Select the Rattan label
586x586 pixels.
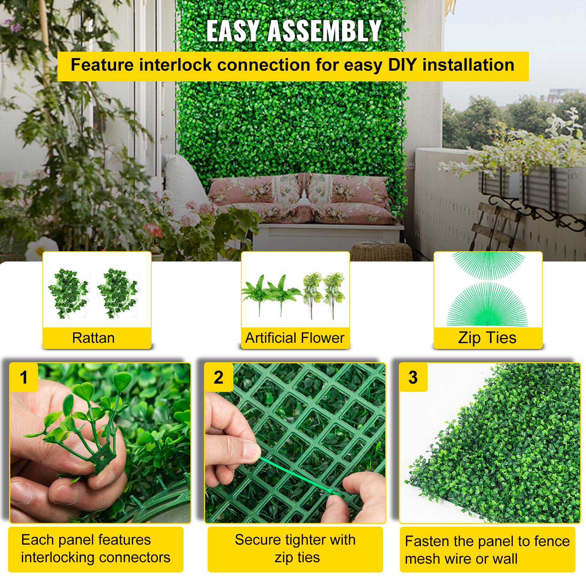[93, 338]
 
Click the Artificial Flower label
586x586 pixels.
[295, 338]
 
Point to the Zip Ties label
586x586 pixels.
[487, 338]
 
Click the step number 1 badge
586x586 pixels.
[24, 377]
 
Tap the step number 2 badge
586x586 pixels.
[219, 377]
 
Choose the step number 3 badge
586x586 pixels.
[413, 377]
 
